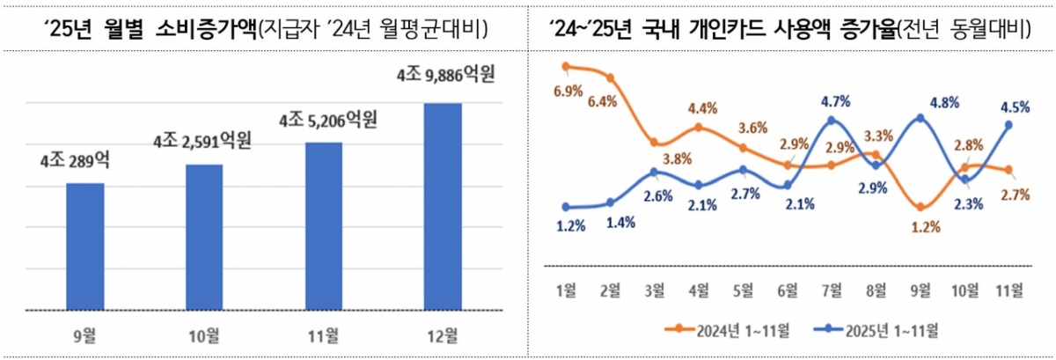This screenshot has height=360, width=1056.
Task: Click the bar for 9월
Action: coord(85,246)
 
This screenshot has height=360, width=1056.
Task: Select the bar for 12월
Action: coord(442,207)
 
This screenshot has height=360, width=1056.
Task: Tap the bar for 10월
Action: coord(204,237)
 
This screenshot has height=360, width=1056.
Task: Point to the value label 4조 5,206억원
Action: coord(327,119)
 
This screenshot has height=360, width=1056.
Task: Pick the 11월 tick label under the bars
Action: coord(323,334)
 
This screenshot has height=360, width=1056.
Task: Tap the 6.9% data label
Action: coord(568,91)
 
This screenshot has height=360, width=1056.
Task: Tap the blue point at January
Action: coord(565,207)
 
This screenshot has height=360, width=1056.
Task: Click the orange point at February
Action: coord(610,78)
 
